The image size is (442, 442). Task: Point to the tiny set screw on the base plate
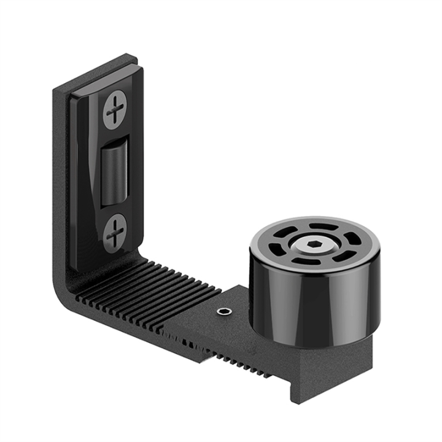click(x=225, y=312)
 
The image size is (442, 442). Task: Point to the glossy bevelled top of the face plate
click(x=104, y=86)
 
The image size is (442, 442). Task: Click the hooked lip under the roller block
click(x=301, y=393)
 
